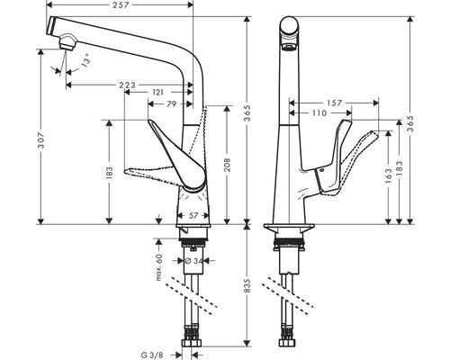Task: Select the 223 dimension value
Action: (126, 84)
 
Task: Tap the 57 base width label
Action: (194, 216)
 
